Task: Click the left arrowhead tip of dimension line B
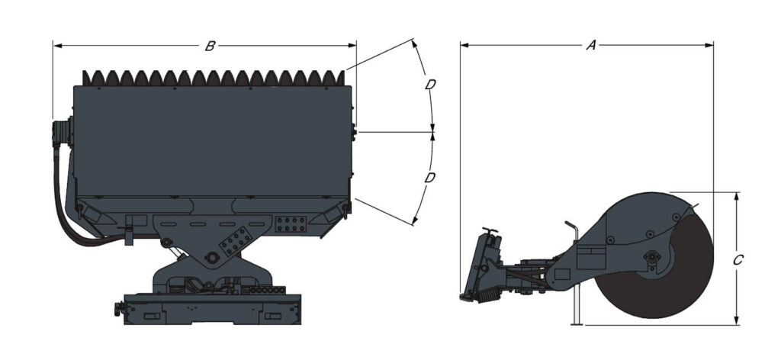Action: pos(53,46)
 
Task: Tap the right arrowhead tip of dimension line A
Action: pos(713,45)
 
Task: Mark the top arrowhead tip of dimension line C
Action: pos(737,193)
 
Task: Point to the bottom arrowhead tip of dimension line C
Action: pos(737,325)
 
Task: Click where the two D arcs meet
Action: pos(432,133)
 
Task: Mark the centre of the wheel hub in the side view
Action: pos(651,256)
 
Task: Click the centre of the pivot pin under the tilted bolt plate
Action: pos(212,258)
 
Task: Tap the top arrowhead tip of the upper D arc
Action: pos(413,40)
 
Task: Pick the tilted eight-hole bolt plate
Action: pos(236,241)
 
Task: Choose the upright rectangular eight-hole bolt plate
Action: pos(291,224)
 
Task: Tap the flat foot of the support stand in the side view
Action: pos(577,325)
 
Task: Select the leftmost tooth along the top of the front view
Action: pos(86,78)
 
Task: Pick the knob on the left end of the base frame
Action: pos(118,309)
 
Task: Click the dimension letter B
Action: pos(210,47)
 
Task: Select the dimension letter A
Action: pos(591,45)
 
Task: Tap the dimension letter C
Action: pos(738,260)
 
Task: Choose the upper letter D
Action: pos(430,85)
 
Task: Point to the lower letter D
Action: pos(430,178)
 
